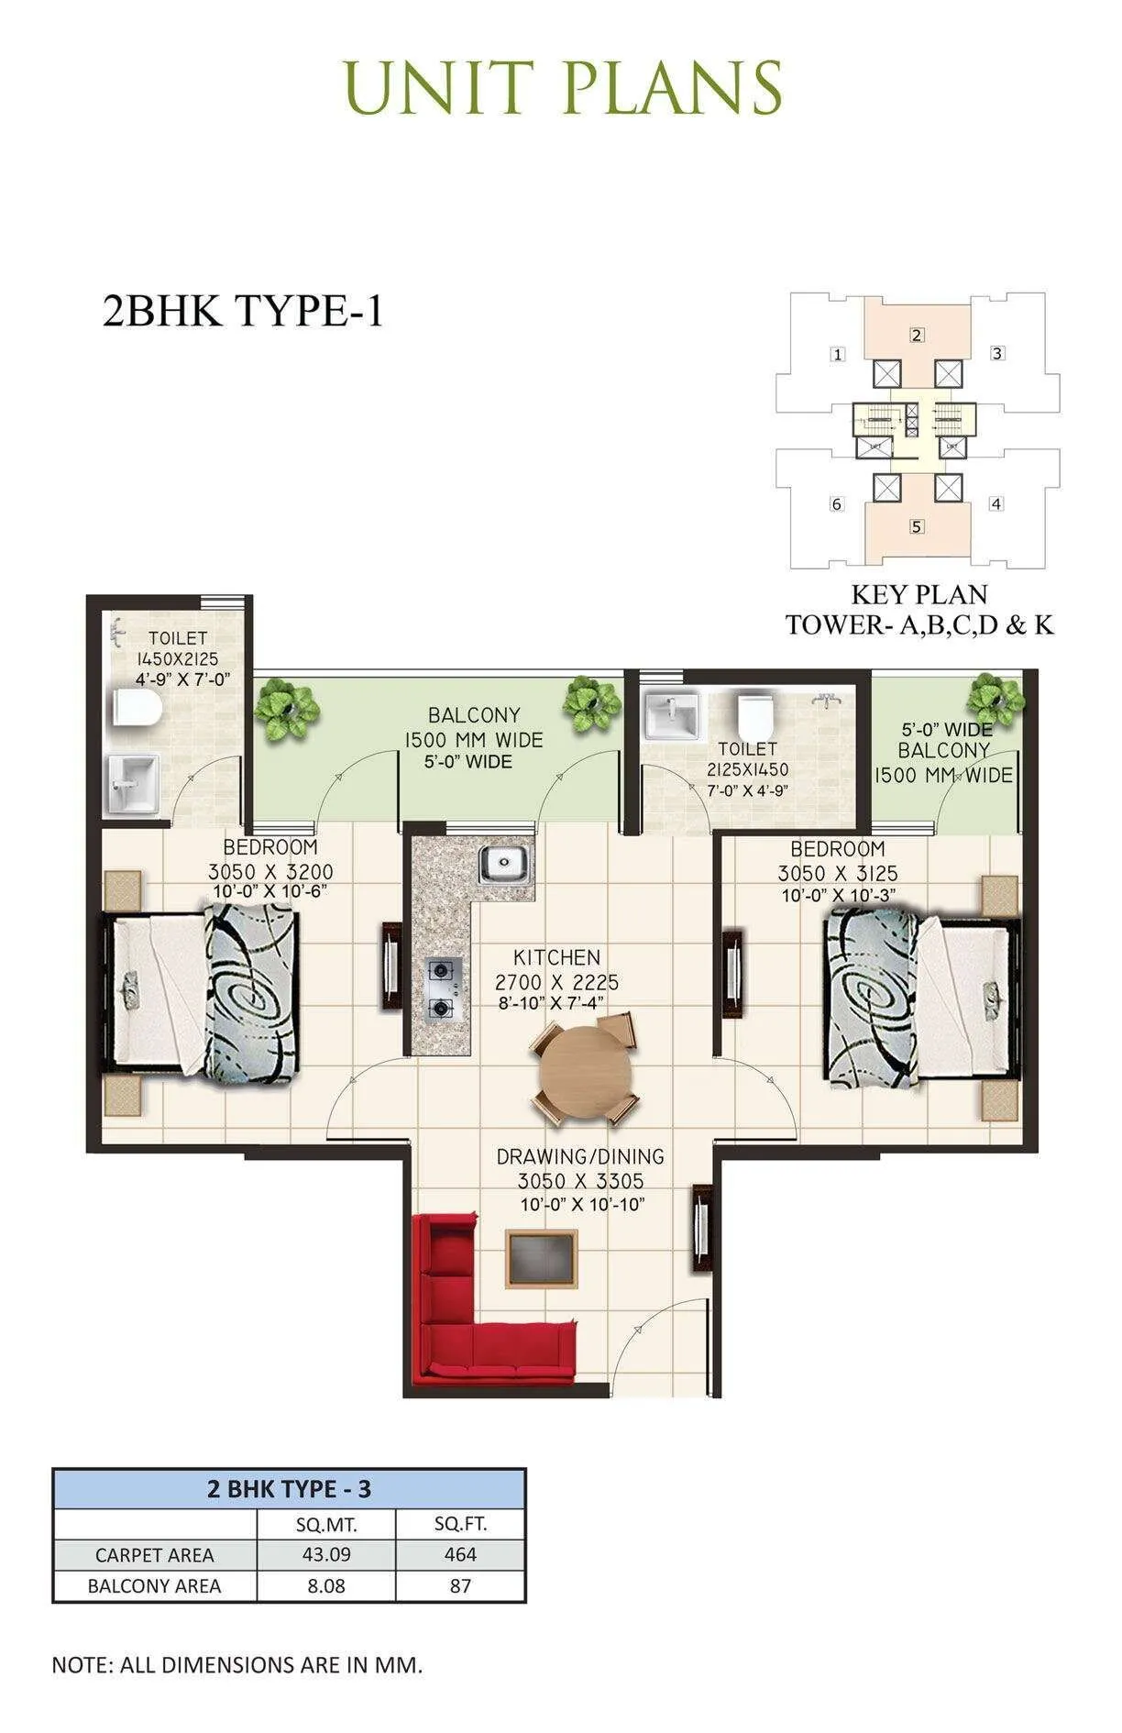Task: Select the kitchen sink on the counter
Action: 503,864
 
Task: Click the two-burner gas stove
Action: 443,988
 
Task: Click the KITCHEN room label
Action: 556,957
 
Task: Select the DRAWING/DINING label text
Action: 579,1157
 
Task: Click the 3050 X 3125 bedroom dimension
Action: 837,873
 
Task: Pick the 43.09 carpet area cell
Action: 326,1554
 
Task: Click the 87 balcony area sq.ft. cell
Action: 460,1585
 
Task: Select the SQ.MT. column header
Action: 326,1525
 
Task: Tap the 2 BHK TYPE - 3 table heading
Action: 289,1488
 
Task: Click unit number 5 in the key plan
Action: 917,526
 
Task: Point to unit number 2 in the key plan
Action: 917,336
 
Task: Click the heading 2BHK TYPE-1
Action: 242,312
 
